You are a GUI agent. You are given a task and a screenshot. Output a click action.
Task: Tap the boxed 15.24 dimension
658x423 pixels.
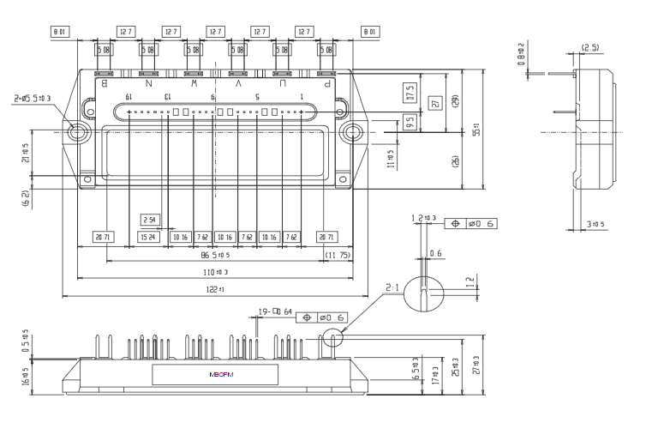[148, 237]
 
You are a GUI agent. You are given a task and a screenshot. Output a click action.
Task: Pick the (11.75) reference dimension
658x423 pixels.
[337, 256]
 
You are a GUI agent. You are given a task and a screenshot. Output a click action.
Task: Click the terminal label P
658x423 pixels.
[326, 84]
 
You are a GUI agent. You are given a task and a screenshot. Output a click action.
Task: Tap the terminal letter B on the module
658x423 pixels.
[104, 84]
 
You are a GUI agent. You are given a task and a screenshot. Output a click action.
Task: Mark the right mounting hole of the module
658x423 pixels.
[351, 133]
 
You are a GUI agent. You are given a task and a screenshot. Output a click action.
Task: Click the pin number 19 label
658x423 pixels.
[129, 98]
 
